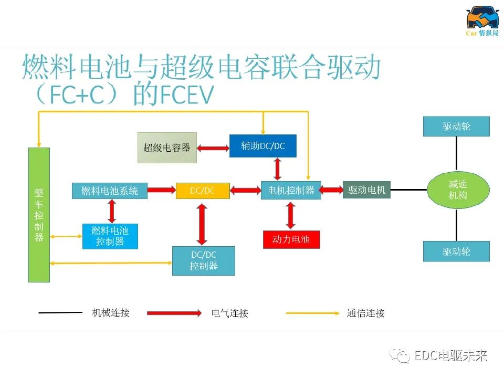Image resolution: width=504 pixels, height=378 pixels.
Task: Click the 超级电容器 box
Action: click(167, 148)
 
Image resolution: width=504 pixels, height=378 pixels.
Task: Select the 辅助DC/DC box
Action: click(262, 146)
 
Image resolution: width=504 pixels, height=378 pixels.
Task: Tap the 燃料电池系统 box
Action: click(110, 191)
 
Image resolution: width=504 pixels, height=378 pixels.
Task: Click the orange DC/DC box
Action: click(203, 191)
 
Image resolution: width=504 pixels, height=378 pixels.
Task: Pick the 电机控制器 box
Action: click(291, 191)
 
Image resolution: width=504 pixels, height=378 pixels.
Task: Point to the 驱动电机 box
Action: click(366, 190)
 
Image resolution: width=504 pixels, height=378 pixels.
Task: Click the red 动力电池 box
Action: click(291, 239)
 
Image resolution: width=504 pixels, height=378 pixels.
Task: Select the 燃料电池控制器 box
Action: click(110, 236)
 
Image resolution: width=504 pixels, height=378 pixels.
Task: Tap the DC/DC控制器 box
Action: click(204, 260)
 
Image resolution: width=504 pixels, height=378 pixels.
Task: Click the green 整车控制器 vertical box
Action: click(39, 215)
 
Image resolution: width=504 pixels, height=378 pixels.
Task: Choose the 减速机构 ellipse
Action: click(458, 190)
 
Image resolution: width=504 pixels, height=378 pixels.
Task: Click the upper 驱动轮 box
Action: click(456, 127)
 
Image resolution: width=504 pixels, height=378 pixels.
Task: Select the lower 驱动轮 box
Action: click(456, 251)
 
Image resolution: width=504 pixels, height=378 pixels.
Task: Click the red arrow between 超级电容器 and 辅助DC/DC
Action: click(213, 148)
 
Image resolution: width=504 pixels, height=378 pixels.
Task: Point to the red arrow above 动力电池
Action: click(291, 215)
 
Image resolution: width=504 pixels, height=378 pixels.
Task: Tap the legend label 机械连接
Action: click(111, 313)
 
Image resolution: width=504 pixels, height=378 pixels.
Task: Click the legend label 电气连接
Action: click(229, 313)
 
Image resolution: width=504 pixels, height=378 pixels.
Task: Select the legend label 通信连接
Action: click(365, 313)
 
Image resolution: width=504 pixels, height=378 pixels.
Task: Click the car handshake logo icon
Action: click(482, 17)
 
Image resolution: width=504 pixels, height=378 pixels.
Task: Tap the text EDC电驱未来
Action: click(450, 355)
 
